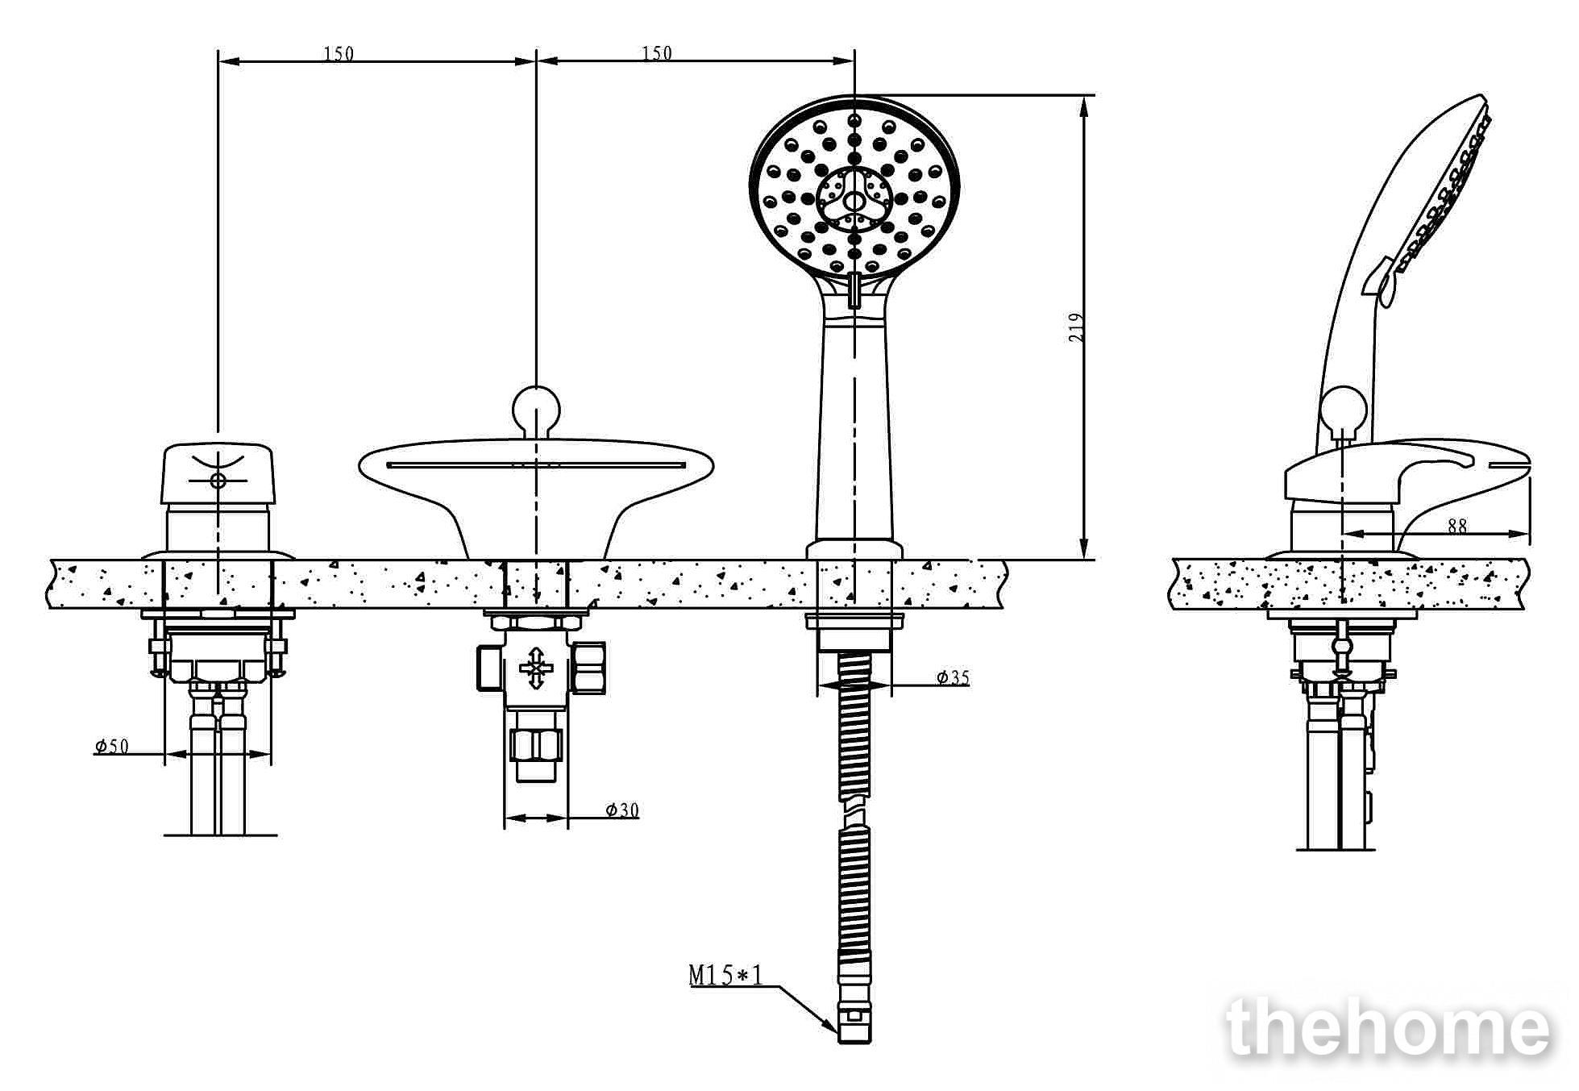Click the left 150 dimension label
click(x=339, y=54)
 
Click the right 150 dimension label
click(x=657, y=53)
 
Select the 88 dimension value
click(x=1457, y=526)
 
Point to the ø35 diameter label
click(x=953, y=677)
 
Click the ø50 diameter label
click(x=111, y=746)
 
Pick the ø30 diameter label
click(x=622, y=810)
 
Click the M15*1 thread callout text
click(x=725, y=976)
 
